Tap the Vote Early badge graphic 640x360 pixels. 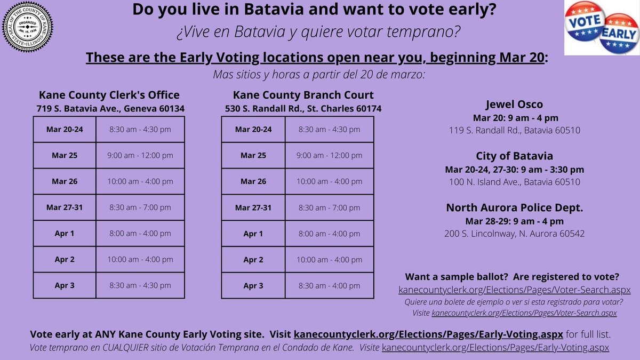pyautogui.click(x=601, y=27)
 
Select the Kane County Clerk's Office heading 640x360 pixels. pyautogui.click(x=109, y=95)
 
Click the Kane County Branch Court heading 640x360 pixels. pyautogui.click(x=303, y=95)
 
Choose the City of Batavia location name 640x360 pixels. pyautogui.click(x=514, y=156)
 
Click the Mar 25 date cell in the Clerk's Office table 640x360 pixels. pyautogui.click(x=65, y=156)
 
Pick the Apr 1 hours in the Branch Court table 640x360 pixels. pyautogui.click(x=329, y=234)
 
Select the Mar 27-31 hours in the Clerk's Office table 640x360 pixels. pyautogui.click(x=140, y=207)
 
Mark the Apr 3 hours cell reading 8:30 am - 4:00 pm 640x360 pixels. pyautogui.click(x=329, y=285)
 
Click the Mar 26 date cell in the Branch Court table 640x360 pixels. pyautogui.click(x=253, y=181)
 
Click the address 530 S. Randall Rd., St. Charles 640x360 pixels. pyautogui.click(x=303, y=109)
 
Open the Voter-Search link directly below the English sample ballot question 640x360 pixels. pyautogui.click(x=514, y=290)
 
